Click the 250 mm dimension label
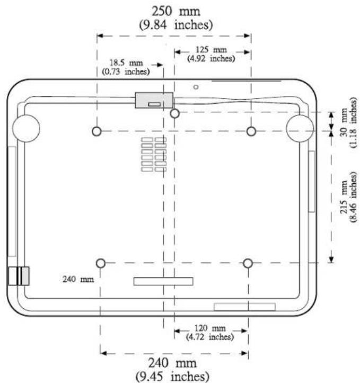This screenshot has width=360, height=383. point(176,11)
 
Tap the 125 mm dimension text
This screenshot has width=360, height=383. point(211,50)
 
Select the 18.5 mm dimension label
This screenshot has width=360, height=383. point(126,63)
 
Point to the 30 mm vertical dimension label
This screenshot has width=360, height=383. point(344,122)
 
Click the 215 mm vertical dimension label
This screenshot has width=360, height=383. point(344,197)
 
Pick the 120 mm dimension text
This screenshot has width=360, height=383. point(210,328)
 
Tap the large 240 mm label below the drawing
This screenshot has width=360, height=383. point(172,363)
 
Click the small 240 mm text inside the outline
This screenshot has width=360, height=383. point(78,279)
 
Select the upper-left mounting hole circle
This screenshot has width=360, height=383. point(97,131)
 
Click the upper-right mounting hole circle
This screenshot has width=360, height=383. point(251,131)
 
